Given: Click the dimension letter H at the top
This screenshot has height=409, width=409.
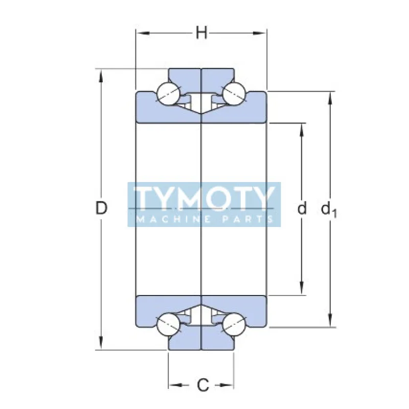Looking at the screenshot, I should (202, 33).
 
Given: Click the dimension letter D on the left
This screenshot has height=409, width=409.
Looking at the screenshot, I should (102, 208).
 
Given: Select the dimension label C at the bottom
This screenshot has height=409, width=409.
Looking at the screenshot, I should (202, 384).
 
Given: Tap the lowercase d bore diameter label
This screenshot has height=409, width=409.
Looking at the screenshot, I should (302, 208).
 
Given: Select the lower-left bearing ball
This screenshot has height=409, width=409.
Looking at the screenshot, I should (168, 325).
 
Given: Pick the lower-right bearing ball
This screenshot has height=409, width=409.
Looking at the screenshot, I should (235, 325).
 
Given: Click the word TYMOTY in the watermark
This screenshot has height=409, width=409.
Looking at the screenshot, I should (203, 198).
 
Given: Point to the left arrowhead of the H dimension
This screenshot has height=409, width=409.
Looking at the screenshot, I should (141, 33).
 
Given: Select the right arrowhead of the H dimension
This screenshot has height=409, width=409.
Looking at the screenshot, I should (261, 33).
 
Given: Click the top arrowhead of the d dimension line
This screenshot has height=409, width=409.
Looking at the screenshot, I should (302, 129).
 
